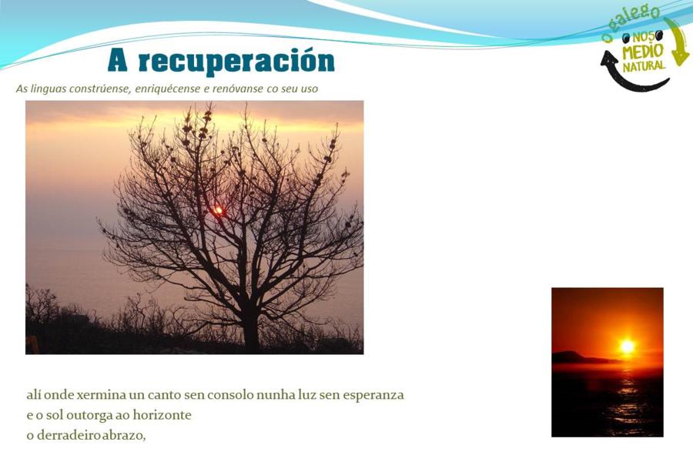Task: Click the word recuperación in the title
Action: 236,62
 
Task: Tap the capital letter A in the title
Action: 118,60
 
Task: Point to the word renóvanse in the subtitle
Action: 238,89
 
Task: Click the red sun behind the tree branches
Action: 218,210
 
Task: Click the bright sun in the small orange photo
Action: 627,346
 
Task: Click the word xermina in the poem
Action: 101,394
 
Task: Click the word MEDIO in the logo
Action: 642,52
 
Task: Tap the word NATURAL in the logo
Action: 644,66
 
